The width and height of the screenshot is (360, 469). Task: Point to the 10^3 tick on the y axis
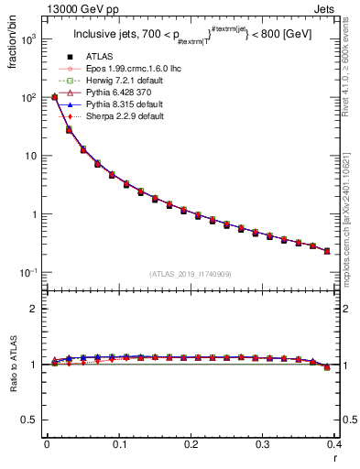[x=29, y=38]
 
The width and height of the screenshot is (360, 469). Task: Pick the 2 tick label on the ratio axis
[x=35, y=309]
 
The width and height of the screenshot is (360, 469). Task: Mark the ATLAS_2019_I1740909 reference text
[x=190, y=274]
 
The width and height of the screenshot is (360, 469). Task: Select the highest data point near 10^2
[x=54, y=97]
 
